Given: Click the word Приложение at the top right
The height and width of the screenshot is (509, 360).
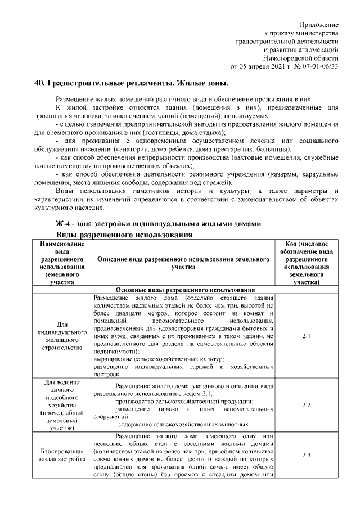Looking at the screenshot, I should tap(319, 25).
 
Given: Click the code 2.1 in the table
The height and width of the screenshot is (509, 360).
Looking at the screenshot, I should tap(307, 336).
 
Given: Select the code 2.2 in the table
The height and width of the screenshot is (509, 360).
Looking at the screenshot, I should tap(307, 405).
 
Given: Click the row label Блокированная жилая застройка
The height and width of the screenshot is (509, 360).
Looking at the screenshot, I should tap(63, 455).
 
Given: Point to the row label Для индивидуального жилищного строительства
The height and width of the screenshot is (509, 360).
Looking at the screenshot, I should tap(63, 336).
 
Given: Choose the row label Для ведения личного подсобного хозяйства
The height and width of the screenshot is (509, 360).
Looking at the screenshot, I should tap(63, 405).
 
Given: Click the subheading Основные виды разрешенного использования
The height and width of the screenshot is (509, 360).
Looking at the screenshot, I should tap(186, 289).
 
